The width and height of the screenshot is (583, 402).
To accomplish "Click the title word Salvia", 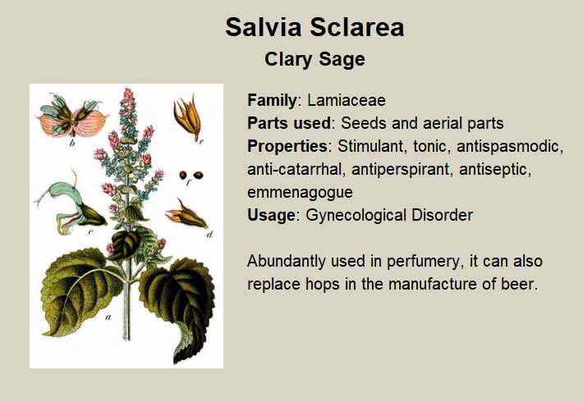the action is pyautogui.click(x=264, y=27).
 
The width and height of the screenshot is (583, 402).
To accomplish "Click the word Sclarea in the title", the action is pyautogui.click(x=356, y=27).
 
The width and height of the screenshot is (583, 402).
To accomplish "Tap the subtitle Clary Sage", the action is pyautogui.click(x=315, y=59).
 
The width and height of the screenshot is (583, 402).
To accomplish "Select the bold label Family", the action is pyautogui.click(x=272, y=100).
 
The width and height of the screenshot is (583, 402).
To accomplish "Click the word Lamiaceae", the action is pyautogui.click(x=347, y=100).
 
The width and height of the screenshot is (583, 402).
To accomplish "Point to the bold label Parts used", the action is pyautogui.click(x=289, y=123).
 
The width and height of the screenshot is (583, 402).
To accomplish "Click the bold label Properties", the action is pyautogui.click(x=287, y=146).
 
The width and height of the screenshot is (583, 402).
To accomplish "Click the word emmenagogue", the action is pyautogui.click(x=300, y=193).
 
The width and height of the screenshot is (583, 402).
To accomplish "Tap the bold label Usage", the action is pyautogui.click(x=271, y=216).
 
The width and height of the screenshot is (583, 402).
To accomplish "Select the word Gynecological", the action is pyautogui.click(x=355, y=216).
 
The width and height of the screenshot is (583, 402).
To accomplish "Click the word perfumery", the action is pyautogui.click(x=423, y=261).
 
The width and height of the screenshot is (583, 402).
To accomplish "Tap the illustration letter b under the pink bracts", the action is pyautogui.click(x=72, y=142).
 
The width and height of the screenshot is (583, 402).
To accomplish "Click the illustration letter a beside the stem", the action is pyautogui.click(x=108, y=317).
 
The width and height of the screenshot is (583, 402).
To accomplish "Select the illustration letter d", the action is pyautogui.click(x=210, y=234).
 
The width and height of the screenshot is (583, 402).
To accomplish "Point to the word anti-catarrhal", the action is pyautogui.click(x=295, y=170).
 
